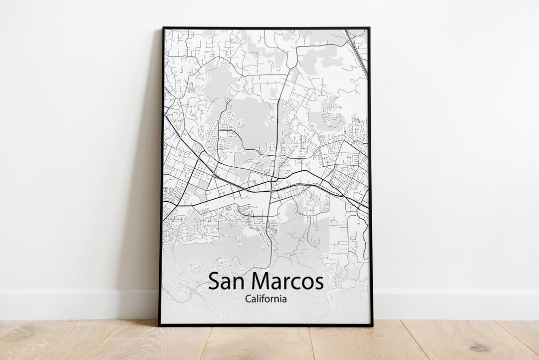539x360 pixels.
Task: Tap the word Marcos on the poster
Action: [x=289, y=282]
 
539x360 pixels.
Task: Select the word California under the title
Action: [x=266, y=299]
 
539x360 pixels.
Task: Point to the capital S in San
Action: [x=214, y=282]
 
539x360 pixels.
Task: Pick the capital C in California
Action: [x=248, y=299]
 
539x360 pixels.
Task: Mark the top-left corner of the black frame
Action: [x=163, y=28]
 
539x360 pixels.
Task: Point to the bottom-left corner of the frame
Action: [x=160, y=325]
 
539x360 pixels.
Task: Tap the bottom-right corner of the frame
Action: [x=372, y=325]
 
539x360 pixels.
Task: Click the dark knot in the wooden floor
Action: [x=480, y=347]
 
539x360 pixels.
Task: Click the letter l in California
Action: [x=258, y=299]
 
